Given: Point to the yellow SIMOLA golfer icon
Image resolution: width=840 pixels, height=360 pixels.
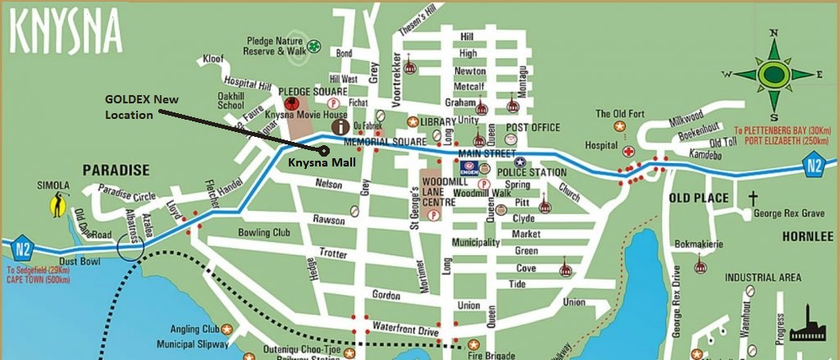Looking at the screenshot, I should coord(58,204).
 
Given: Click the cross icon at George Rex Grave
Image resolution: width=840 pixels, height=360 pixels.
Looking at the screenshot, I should coord(753,198).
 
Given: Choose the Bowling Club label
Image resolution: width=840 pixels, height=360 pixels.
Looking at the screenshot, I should coord(264,233).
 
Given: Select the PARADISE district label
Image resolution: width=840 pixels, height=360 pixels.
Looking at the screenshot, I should coord(115,171).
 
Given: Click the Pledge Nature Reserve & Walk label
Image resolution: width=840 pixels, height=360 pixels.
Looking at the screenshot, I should coord(275,45).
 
